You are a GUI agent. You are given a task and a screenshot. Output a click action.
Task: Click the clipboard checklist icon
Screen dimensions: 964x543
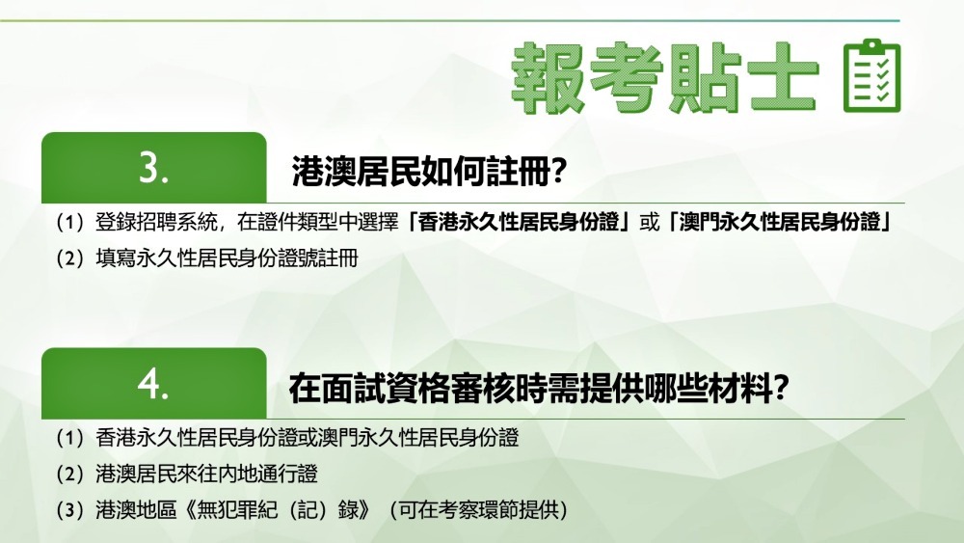(871, 75)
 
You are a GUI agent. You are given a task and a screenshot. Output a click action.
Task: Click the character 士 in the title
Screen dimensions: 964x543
(780, 77)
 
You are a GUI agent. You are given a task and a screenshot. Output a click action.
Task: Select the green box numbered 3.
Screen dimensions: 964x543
(153, 167)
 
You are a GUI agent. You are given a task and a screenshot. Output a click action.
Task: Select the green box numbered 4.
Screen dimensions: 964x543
(153, 383)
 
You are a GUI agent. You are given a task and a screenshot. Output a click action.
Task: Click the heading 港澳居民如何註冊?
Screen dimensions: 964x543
(429, 172)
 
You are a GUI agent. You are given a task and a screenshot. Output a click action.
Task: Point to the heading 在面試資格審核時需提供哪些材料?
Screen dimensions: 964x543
(539, 388)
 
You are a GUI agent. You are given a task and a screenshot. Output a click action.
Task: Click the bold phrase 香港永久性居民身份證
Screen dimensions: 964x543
(519, 222)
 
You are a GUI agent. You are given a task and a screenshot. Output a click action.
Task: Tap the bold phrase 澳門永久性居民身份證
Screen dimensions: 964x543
(780, 222)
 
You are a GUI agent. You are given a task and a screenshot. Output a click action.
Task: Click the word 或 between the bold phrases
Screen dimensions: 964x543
(649, 222)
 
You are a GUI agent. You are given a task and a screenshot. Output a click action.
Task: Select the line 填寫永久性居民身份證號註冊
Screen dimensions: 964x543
(227, 258)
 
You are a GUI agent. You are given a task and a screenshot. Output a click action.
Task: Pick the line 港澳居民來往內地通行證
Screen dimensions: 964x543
(206, 475)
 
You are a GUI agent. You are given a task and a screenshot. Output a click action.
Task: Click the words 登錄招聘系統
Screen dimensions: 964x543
(156, 222)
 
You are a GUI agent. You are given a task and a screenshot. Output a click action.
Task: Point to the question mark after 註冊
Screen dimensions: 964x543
(558, 172)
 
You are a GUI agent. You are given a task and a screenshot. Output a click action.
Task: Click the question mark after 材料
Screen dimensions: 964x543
(782, 388)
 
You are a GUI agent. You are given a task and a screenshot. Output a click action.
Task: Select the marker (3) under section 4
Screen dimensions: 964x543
(70, 510)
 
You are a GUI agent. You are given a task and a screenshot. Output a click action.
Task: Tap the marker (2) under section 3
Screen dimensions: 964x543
(70, 258)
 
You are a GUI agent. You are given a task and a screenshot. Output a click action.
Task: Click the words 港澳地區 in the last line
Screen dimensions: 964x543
(136, 510)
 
